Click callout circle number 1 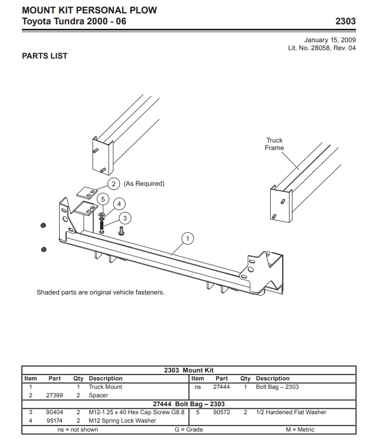coord(187,239)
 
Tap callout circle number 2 coord(113,184)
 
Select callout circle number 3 coord(125,218)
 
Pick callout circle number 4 coord(119,203)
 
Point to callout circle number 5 coord(102,199)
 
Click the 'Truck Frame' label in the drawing coord(274,144)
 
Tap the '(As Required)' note coord(144,184)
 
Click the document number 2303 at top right coord(346,21)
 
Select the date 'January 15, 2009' coord(330,40)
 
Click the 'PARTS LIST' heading coord(45,56)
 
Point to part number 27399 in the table coord(55,395)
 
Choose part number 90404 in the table coord(55,412)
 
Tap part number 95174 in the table coord(55,421)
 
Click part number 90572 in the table coord(222,412)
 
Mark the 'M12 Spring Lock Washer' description coord(122,421)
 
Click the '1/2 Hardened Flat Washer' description coord(291,412)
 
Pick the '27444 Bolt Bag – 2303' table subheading coord(189,404)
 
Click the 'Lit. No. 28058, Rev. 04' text coord(322,48)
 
